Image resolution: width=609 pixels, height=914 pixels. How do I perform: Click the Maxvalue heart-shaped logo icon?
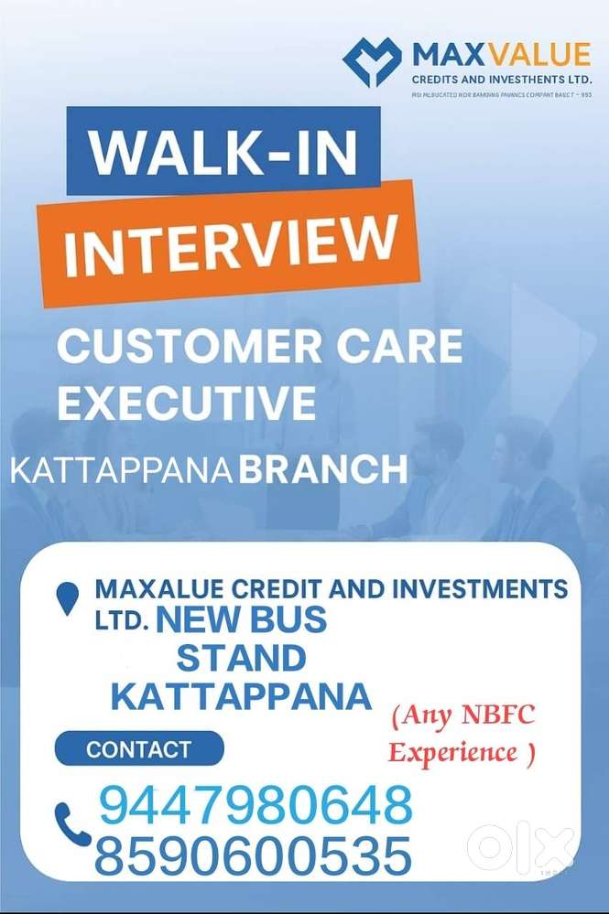coord(372,61)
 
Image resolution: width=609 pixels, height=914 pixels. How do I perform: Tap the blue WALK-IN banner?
coord(223,152)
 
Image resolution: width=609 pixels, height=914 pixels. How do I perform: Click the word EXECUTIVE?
coord(187,403)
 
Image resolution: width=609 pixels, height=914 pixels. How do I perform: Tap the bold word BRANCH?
coord(322,470)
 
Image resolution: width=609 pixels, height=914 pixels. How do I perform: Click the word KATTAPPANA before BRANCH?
coord(121,471)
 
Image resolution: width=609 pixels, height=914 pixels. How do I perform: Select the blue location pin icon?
coord(68,598)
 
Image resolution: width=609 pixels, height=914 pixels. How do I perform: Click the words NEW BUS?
coord(242,620)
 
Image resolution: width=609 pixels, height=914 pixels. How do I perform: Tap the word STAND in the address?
coord(241,658)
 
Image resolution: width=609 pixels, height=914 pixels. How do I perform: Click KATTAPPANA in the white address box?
coord(241,696)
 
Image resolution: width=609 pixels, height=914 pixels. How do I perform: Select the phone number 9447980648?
coord(256,806)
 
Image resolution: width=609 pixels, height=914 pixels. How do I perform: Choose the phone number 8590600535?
coord(253,857)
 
